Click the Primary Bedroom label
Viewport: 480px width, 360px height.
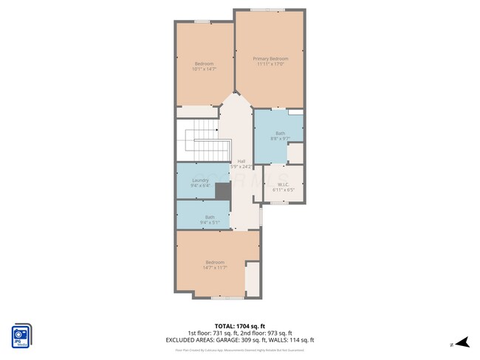[x=270, y=58]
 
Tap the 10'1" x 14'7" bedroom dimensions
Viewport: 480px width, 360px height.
[x=204, y=69]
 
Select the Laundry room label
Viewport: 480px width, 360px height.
[x=201, y=180]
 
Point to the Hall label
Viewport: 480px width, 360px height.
[x=241, y=161]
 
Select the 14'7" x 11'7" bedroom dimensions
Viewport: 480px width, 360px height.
[x=214, y=268]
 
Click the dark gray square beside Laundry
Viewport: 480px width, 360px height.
[x=224, y=191]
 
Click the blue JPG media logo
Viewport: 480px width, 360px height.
[x=21, y=335]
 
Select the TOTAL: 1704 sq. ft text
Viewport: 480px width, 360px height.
[x=240, y=325]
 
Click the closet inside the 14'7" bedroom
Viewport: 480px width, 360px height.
[x=252, y=280]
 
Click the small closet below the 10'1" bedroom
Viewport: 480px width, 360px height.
[x=197, y=111]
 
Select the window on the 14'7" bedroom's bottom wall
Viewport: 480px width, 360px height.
[x=222, y=298]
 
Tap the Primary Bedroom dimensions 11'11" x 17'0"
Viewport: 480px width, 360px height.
[x=270, y=64]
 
